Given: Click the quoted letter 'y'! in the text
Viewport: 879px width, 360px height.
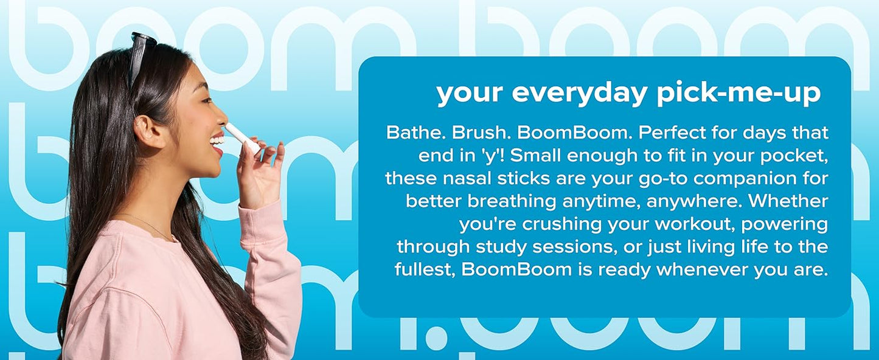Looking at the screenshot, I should pyautogui.click(x=492, y=156).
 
